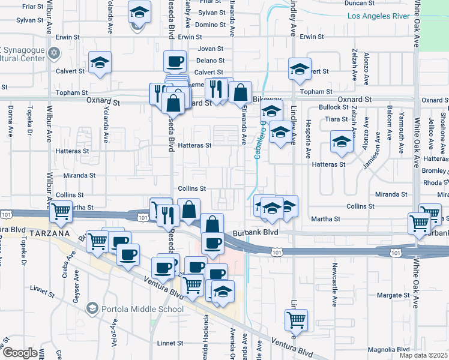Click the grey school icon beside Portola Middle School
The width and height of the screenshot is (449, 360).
point(92,309)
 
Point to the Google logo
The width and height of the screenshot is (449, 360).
point(20,353)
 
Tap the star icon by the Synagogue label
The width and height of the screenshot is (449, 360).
point(55,53)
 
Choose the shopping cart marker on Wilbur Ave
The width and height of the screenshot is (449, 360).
point(61,211)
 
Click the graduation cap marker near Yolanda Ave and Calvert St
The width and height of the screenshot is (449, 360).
point(100,62)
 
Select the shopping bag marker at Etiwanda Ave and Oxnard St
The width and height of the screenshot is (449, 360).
point(240,92)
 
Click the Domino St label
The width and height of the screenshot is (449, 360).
point(210,25)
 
